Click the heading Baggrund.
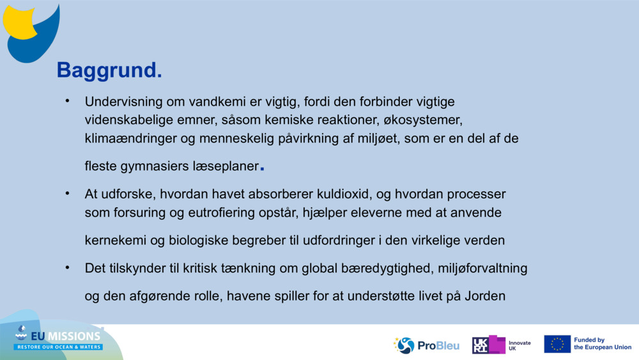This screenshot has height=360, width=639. [x=109, y=70]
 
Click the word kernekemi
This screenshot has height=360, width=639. [x=116, y=240]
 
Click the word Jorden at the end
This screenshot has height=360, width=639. [x=485, y=297]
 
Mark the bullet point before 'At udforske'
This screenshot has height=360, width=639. [x=66, y=194]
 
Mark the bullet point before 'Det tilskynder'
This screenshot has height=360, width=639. [x=66, y=268]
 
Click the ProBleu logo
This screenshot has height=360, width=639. [x=426, y=345]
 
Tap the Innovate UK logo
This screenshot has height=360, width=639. [x=502, y=345]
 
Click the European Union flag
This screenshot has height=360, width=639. [x=557, y=344]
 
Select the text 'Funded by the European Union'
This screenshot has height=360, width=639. [x=602, y=344]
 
